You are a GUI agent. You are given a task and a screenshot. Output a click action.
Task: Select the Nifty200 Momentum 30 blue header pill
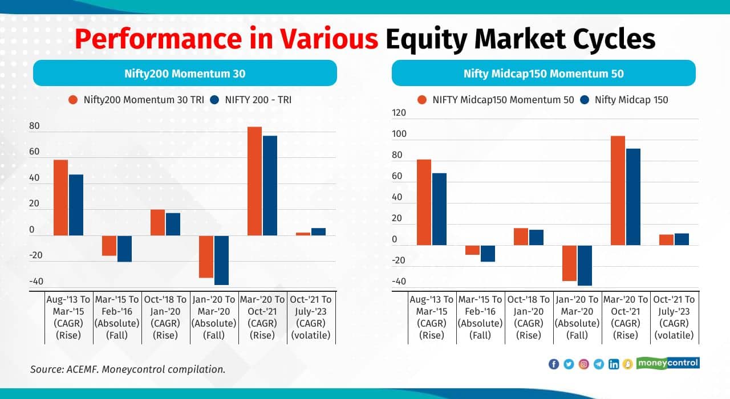pos(185,74)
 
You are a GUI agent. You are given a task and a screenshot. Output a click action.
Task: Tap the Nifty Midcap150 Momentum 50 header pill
pos(543,74)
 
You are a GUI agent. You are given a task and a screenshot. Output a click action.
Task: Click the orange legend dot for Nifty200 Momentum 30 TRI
pos(73,100)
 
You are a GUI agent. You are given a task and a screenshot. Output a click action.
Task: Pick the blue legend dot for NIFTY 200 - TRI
pos(214,100)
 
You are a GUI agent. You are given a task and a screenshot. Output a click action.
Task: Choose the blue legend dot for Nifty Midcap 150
pos(584,100)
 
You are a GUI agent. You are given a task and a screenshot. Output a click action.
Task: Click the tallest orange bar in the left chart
pos(254,181)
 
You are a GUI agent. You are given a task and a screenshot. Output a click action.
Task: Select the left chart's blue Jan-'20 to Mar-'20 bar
pos(221,260)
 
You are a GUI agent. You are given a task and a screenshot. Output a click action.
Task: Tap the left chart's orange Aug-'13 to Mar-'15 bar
pos(60,197)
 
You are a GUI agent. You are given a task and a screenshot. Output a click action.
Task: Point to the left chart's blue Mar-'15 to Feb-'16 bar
pos(124,249)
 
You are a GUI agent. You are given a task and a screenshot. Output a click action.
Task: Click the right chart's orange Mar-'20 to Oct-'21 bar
pos(618,190)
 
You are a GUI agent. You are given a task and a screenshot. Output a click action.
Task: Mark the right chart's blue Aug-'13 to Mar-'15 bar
pos(439,209)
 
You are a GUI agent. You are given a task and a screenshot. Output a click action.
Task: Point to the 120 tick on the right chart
pos(399,113)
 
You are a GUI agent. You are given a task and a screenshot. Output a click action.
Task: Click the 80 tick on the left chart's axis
pos(35,126)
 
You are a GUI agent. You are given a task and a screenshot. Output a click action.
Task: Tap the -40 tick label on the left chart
pos(36,282)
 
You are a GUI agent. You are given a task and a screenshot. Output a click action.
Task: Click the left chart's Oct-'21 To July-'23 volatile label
pos(311,317)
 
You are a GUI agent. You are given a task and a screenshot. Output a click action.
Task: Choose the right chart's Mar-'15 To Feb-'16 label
pos(480,317)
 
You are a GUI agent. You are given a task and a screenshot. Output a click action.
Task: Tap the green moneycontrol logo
pos(668,363)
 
